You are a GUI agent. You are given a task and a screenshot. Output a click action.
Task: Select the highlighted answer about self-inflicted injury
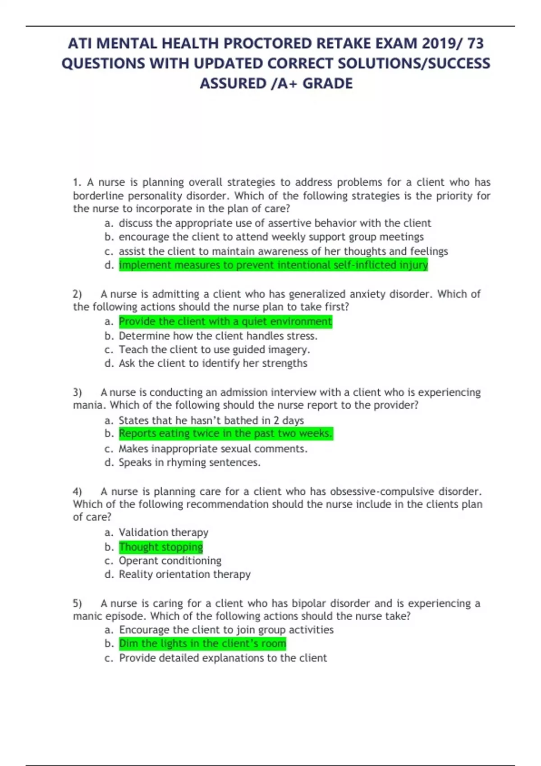273,265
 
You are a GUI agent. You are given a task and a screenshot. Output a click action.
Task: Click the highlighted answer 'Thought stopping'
161,547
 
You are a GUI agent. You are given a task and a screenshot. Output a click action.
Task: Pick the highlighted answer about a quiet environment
225,321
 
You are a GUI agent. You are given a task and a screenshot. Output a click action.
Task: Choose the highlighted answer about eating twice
225,433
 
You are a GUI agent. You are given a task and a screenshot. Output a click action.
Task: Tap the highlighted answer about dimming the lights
202,643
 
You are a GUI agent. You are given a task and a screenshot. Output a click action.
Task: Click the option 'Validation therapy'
163,533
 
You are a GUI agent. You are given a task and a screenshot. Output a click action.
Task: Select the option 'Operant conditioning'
170,561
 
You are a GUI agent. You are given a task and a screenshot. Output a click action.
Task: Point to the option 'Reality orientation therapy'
184,574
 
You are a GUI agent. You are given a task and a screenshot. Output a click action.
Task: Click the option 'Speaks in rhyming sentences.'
189,462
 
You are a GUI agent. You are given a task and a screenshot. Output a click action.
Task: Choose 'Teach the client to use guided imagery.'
214,350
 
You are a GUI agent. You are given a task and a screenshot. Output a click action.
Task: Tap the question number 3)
78,392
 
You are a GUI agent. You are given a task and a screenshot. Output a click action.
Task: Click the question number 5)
78,603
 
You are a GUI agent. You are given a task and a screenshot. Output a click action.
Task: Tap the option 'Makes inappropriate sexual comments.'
213,449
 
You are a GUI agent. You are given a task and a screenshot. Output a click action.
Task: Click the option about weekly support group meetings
271,237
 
